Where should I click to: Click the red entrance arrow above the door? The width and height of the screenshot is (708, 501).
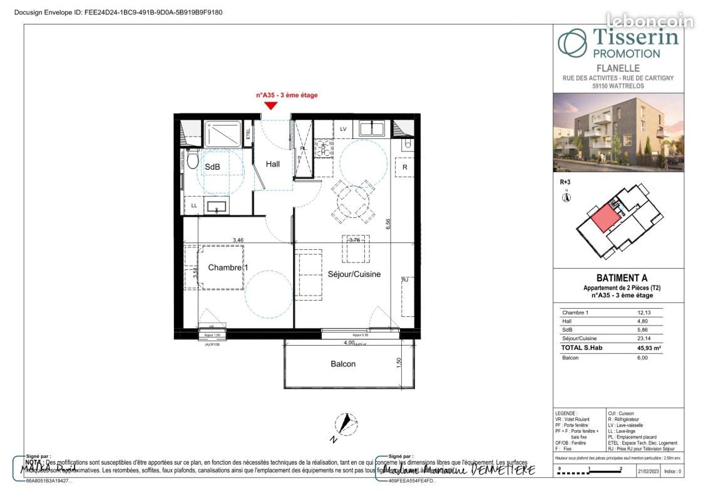(271, 106)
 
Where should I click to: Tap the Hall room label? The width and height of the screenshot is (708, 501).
(272, 165)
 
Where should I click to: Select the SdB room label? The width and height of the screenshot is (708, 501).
(212, 167)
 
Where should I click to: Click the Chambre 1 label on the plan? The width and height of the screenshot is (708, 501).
(228, 268)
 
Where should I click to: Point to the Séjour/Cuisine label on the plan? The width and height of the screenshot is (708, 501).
(354, 274)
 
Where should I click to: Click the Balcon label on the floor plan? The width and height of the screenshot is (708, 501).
(343, 364)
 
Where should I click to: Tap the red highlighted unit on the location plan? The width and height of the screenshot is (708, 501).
(603, 220)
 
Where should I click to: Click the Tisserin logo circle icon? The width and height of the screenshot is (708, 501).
(572, 43)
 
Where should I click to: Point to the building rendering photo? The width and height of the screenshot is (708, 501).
(617, 132)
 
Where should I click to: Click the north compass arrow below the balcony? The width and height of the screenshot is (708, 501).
(344, 425)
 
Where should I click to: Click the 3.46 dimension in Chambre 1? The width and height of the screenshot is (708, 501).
(238, 239)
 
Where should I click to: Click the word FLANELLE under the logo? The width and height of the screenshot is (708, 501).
(617, 68)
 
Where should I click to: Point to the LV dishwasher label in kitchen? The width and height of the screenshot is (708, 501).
(343, 129)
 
